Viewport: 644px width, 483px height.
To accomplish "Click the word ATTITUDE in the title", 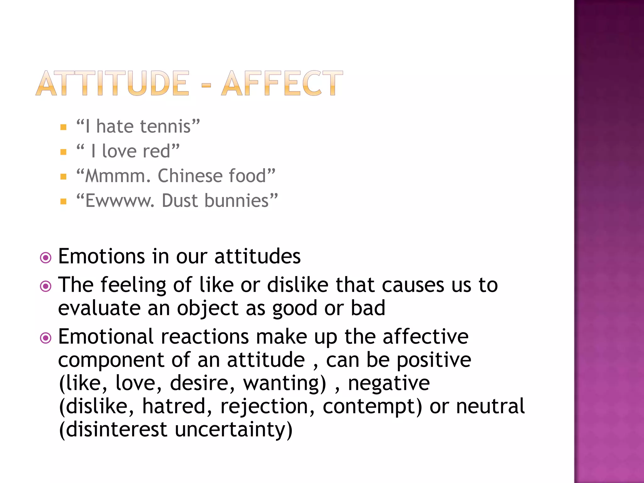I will [x=113, y=83].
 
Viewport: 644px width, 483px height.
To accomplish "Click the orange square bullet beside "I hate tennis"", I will [x=64, y=127].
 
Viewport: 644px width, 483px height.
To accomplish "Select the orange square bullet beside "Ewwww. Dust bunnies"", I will [x=64, y=202].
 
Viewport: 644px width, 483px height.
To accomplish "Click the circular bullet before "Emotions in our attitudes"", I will [x=46, y=258].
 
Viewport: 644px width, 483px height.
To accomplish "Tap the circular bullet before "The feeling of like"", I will [x=46, y=286].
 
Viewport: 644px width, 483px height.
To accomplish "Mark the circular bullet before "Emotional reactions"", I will [x=46, y=338].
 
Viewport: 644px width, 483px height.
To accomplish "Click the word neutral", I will [x=490, y=406].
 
